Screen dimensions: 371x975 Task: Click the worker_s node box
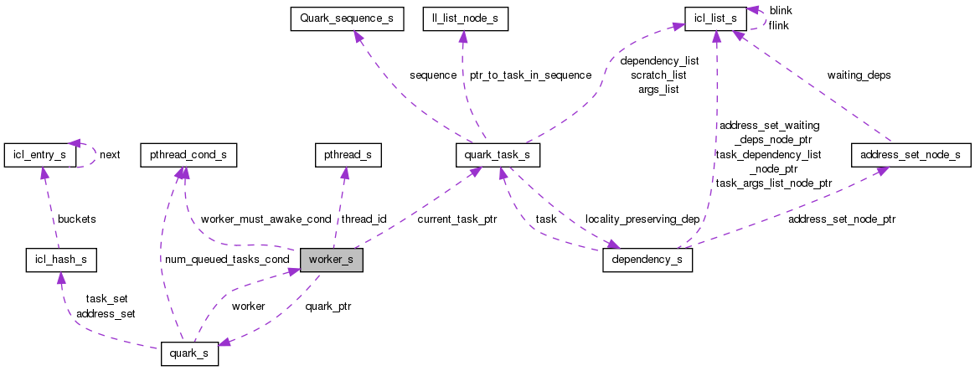point(331,260)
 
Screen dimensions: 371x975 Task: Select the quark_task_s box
point(498,155)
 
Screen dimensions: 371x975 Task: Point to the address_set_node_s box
point(910,155)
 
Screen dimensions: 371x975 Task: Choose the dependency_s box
point(647,260)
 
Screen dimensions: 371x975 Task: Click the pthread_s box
point(348,155)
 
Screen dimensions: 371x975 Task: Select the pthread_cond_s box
point(188,155)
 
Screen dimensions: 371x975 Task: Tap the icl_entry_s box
point(40,155)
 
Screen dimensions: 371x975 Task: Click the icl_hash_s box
point(60,260)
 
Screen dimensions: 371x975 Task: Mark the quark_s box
point(189,354)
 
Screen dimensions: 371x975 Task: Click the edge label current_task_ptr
point(457,219)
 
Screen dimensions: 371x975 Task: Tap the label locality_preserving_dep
point(642,219)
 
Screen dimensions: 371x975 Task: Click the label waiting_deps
point(859,75)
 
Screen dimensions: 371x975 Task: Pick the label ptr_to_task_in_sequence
point(530,75)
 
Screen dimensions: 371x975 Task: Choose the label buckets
point(76,219)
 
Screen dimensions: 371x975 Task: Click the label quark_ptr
point(328,307)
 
